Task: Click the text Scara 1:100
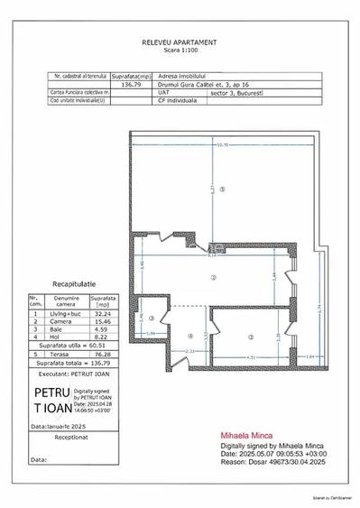179,51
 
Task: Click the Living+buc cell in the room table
67,312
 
